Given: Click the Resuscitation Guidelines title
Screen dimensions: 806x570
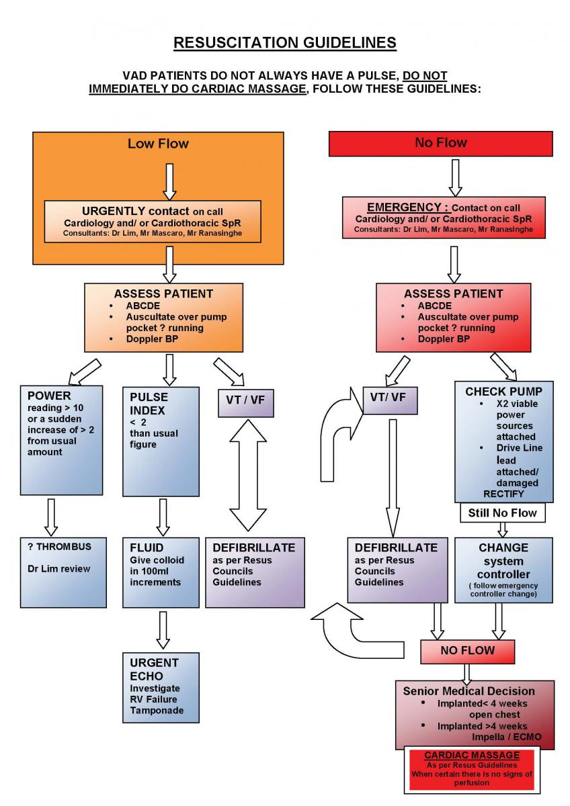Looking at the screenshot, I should (x=285, y=43).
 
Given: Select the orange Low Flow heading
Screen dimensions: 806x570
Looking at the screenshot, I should (x=158, y=143).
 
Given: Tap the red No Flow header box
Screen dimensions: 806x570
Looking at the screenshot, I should (x=440, y=143).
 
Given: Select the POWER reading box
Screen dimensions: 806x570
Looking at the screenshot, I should (x=63, y=440).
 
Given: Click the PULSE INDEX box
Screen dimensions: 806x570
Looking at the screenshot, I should (x=161, y=440).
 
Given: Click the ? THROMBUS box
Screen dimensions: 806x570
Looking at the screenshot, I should (x=63, y=572).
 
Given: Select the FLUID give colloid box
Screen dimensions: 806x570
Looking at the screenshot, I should (x=161, y=572).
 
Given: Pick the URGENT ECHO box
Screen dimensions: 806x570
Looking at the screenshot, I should (x=161, y=686).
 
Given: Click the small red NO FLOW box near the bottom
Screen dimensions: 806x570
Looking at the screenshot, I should (x=467, y=651).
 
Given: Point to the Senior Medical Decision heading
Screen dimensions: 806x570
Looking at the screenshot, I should (x=469, y=690).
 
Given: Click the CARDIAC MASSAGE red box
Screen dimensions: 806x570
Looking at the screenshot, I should (x=472, y=770).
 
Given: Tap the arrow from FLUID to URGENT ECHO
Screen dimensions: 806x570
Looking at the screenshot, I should (x=162, y=629).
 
